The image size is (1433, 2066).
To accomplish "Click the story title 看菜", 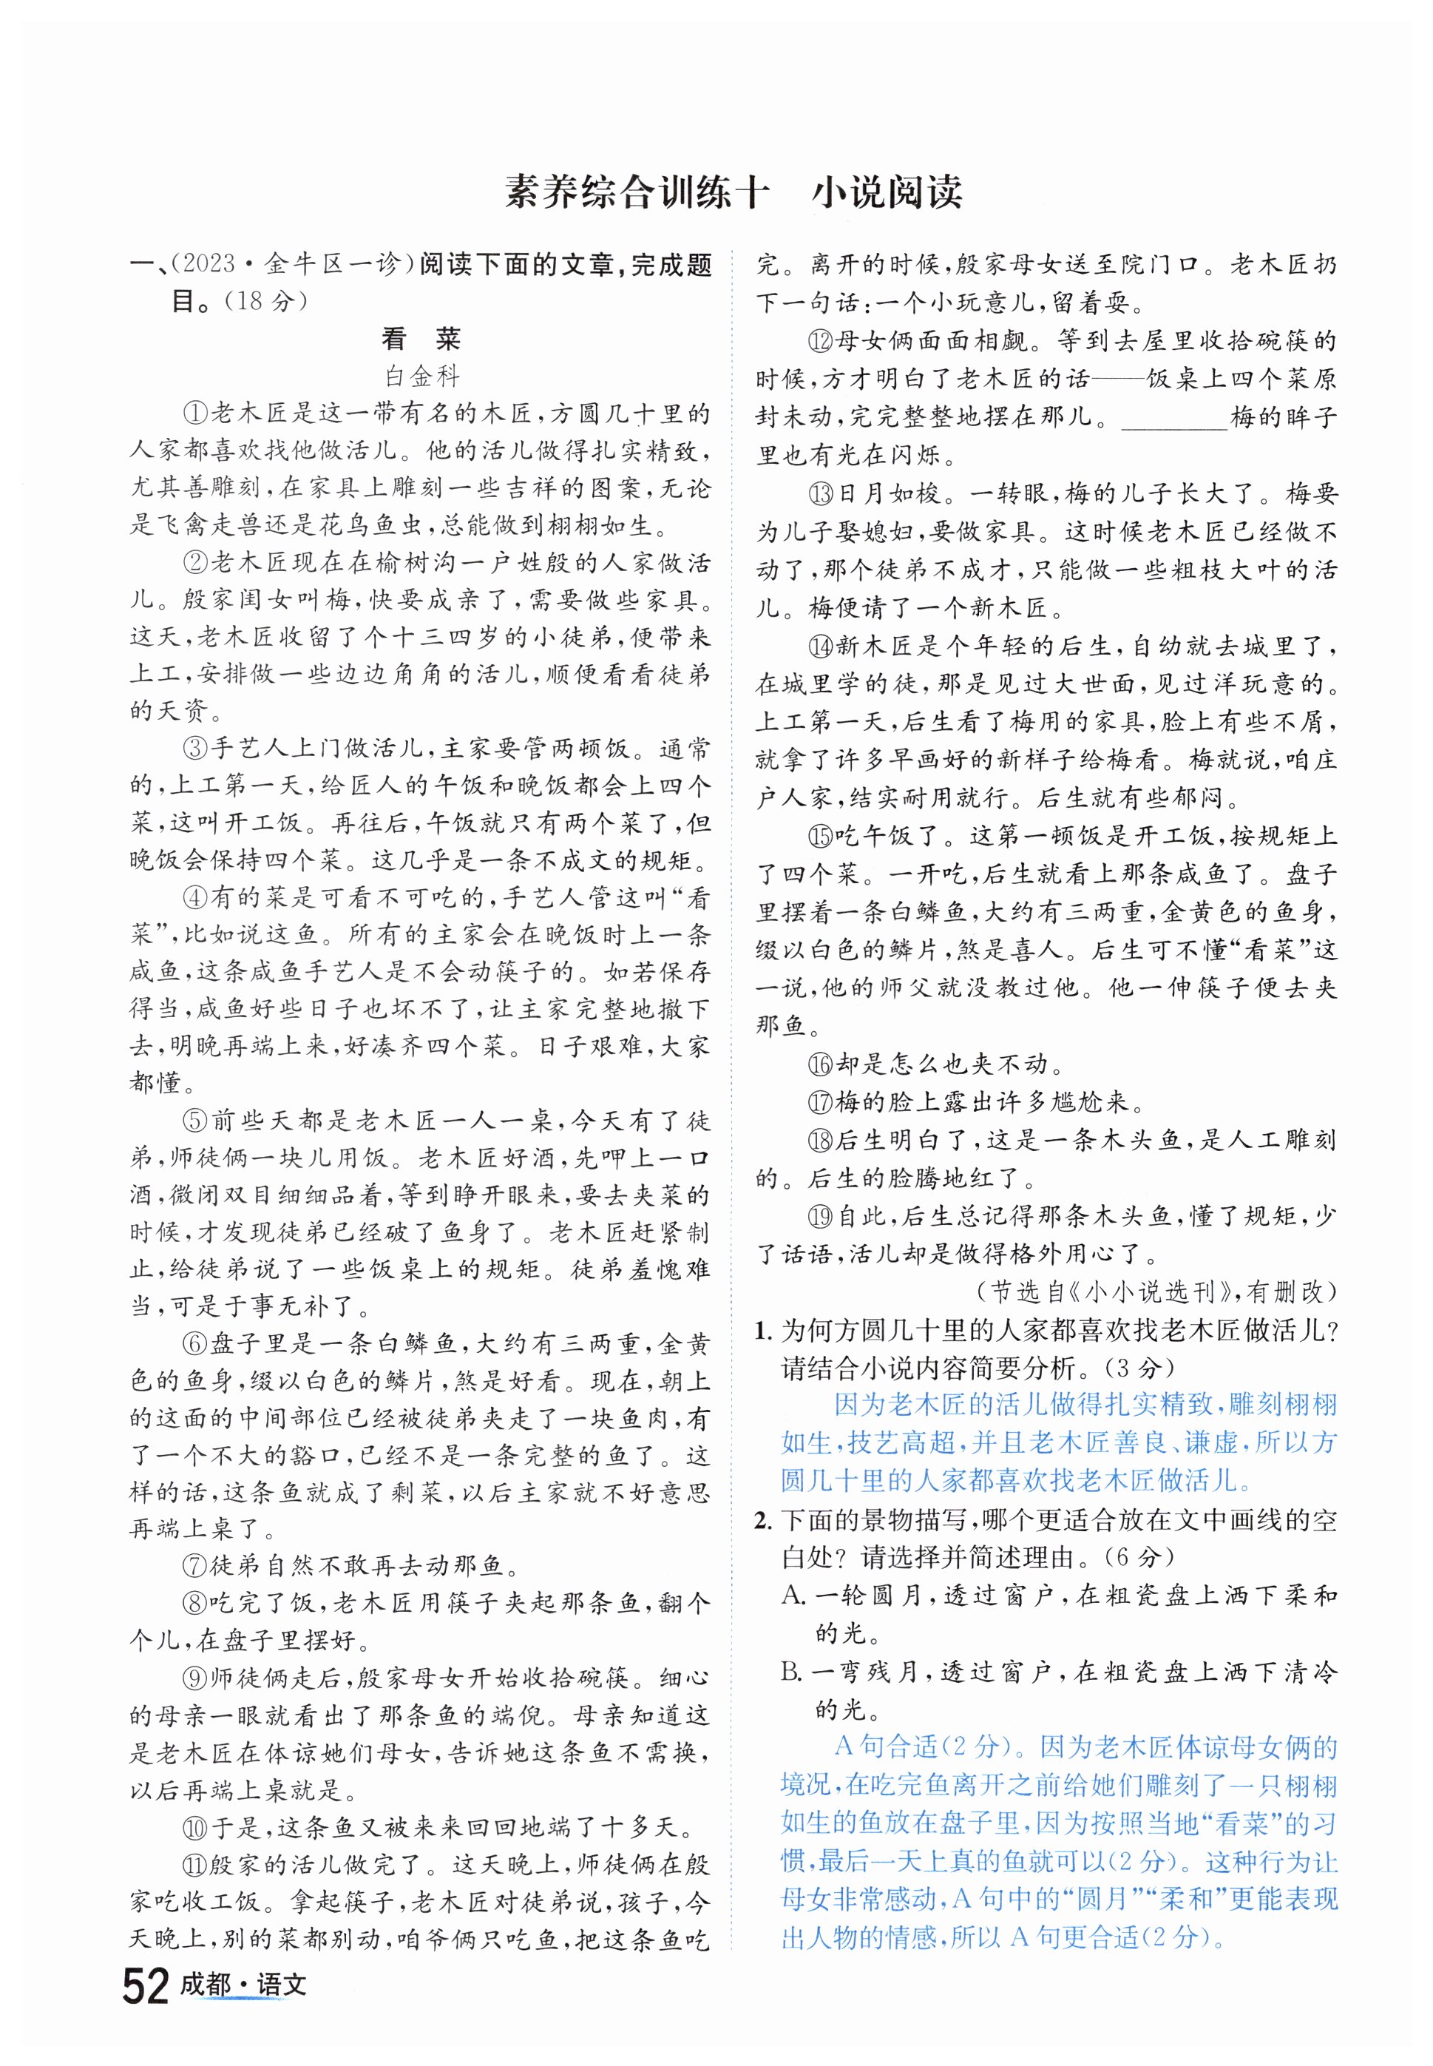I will (x=421, y=339).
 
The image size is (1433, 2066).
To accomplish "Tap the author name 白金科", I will (x=421, y=376).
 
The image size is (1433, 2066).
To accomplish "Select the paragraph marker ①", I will (x=195, y=413).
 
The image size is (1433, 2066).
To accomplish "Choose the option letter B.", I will (x=793, y=1671).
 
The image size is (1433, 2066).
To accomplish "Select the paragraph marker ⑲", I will (x=821, y=1216).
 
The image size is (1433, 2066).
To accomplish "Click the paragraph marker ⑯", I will (x=821, y=1064).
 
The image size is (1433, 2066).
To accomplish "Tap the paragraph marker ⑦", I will (x=195, y=1566).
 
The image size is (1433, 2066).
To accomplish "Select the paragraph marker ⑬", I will (x=821, y=493).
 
